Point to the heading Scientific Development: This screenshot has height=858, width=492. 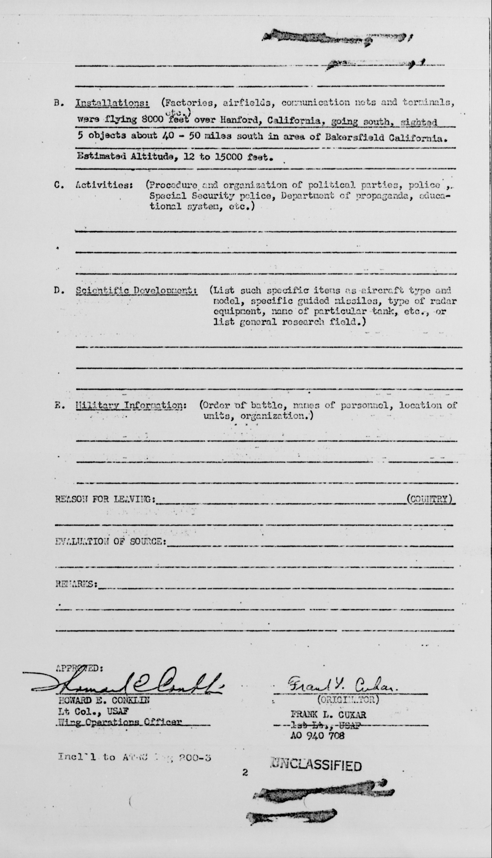(x=136, y=291)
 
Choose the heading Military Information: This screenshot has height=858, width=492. (x=131, y=405)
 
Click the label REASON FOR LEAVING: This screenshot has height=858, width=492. (x=105, y=499)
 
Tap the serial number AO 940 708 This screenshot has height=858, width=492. (x=317, y=735)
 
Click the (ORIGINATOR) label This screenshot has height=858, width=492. (x=348, y=700)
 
